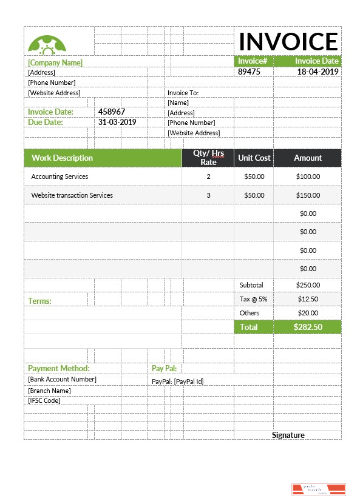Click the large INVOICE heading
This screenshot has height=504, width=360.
point(288,41)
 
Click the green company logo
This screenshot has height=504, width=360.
point(47,44)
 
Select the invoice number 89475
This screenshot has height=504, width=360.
point(249,72)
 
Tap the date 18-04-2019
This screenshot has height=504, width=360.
point(318,72)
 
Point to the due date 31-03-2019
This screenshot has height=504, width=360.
point(117,122)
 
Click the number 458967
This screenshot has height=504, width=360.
point(112,112)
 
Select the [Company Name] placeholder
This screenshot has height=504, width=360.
point(55,62)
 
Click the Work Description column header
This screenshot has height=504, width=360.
point(62,158)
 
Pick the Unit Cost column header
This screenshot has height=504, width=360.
point(254,158)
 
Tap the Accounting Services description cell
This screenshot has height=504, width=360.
point(59,176)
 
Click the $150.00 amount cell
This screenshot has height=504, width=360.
point(308,195)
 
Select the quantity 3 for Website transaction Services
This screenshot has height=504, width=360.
point(208,195)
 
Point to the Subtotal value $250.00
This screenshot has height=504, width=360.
point(308,284)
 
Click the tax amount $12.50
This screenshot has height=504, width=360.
point(308,299)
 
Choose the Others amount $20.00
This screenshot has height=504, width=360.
point(308,313)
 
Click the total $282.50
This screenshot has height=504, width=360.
point(308,327)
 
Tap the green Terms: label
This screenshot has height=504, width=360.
point(39,301)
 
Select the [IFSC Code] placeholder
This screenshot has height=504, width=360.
point(44,400)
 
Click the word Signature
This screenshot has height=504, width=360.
point(288,435)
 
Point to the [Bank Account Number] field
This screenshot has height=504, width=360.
point(62,380)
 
